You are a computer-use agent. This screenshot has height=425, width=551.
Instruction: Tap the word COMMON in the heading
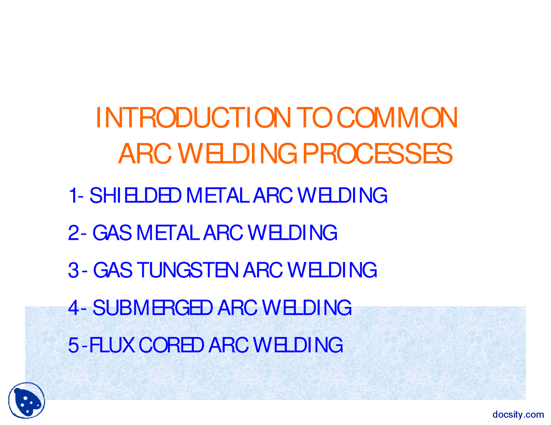point(397,118)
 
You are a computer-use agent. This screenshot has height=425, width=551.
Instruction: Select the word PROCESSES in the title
point(377,154)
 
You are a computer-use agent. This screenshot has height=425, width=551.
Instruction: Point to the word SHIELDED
point(135,196)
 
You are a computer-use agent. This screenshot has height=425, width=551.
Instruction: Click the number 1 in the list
point(72,196)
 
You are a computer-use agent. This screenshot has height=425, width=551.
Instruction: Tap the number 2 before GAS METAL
point(73,233)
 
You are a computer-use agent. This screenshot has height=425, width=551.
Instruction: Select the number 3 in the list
point(73,270)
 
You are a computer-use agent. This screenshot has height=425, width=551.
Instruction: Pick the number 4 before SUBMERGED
point(73,308)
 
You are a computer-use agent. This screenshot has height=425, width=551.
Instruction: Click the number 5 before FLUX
point(73,345)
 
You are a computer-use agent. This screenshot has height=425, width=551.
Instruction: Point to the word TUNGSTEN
point(187,270)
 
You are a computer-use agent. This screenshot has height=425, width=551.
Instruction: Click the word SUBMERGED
point(152,308)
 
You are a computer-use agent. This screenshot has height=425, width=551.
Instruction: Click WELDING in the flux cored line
point(298,345)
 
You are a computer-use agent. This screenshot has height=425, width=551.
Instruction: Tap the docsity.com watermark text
point(518,415)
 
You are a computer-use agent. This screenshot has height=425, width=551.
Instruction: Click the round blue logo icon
point(27,401)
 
